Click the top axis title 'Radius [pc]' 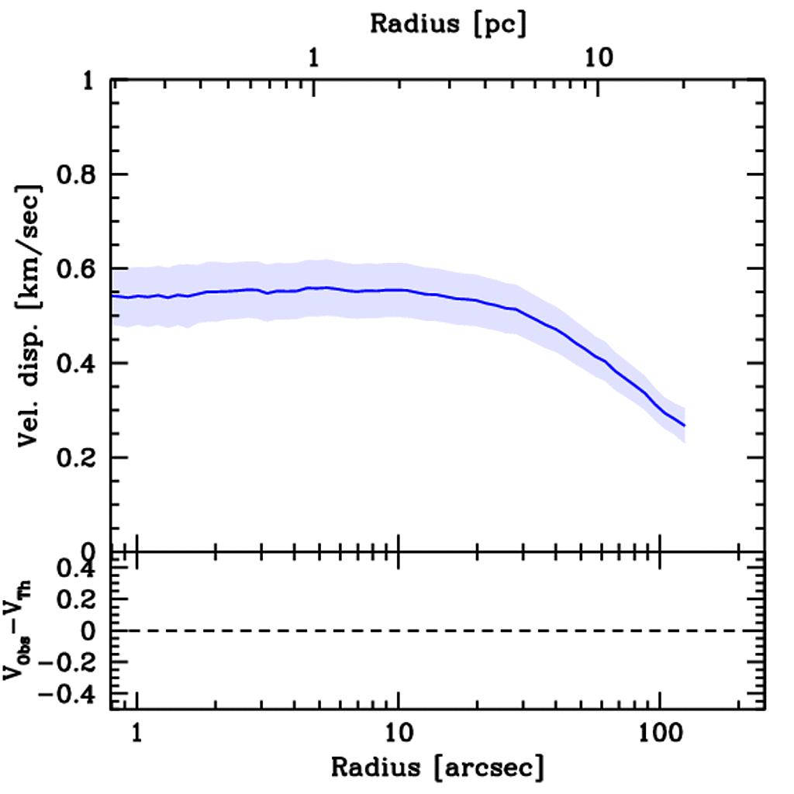(448, 23)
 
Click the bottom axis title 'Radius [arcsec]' (438, 768)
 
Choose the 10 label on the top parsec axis (599, 57)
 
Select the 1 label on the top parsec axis (314, 57)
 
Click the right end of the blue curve (684, 426)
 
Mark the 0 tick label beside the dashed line (88, 630)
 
